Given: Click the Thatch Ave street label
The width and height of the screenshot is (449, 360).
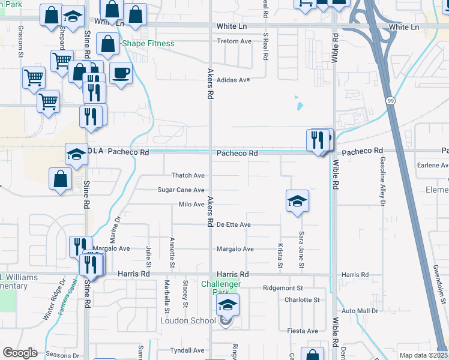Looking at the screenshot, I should pyautogui.click(x=188, y=175).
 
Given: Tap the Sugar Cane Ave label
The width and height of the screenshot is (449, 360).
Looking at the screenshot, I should pyautogui.click(x=181, y=190).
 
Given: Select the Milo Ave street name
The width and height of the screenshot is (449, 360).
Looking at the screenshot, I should pyautogui.click(x=191, y=205).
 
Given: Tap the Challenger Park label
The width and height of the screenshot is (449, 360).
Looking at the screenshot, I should pyautogui.click(x=221, y=288).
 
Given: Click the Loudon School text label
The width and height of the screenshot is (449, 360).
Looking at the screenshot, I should pyautogui.click(x=187, y=320).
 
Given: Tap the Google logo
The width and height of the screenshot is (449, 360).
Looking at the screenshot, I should pyautogui.click(x=20, y=353).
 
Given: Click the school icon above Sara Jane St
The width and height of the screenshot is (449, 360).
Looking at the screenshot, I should pyautogui.click(x=297, y=202).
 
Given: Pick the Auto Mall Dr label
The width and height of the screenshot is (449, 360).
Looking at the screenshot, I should pyautogui.click(x=360, y=311).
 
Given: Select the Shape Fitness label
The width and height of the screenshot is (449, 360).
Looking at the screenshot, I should pyautogui.click(x=148, y=44).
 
